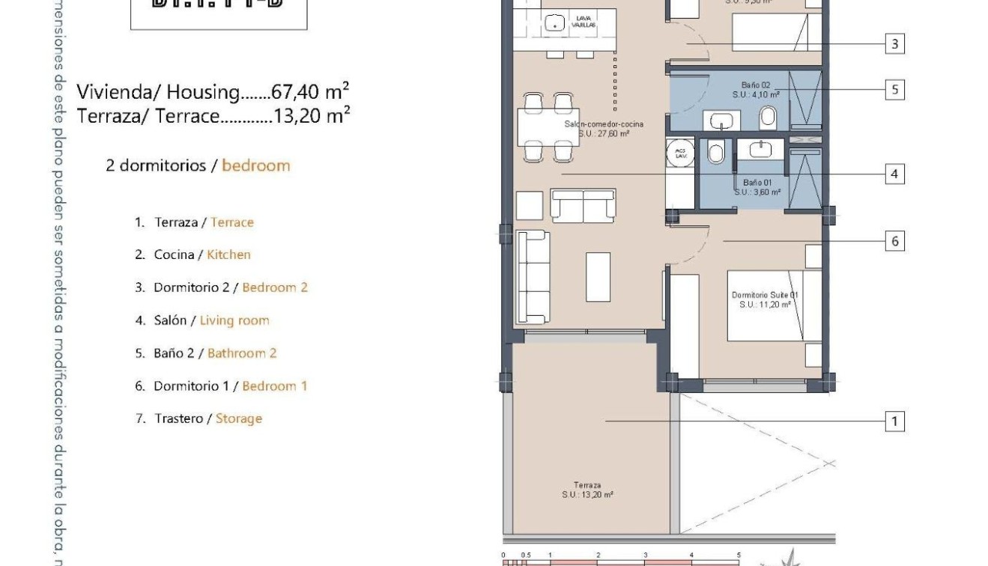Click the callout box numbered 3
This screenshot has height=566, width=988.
[x=894, y=44]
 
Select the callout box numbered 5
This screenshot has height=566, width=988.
[x=894, y=90]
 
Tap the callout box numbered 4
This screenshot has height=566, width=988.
[x=894, y=174]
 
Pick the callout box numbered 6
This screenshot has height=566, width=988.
[x=894, y=241]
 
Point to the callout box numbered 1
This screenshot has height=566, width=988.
[x=894, y=422]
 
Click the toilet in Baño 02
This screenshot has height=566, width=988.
[x=768, y=118]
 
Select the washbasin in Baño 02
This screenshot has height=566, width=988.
[x=722, y=121]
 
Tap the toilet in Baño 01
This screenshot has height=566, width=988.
[x=715, y=153]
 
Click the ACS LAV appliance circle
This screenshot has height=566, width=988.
[x=680, y=153]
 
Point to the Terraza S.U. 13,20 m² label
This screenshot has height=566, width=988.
[x=587, y=490]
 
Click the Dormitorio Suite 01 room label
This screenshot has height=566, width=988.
[x=765, y=299]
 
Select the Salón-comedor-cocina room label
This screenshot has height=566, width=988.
[x=603, y=128]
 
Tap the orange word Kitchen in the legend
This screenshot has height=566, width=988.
[x=228, y=255]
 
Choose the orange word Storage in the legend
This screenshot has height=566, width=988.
[x=238, y=419]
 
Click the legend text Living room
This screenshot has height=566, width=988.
[x=234, y=320]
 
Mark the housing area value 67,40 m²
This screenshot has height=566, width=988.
[x=311, y=92]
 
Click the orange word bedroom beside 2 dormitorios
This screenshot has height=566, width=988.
[x=255, y=165]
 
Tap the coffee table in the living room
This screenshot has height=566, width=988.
[x=598, y=276]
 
